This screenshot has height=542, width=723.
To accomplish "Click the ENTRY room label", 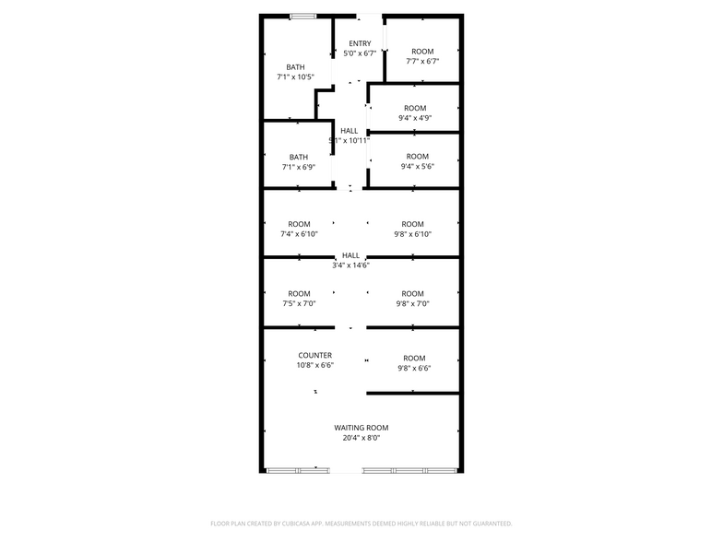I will coord(360,43).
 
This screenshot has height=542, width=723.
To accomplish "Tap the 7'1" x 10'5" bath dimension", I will coord(295,77).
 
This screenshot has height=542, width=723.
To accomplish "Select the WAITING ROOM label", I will coord(361,428).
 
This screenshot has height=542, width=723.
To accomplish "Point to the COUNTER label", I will coord(315,355).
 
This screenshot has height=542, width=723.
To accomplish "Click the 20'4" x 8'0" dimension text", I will coord(361,438).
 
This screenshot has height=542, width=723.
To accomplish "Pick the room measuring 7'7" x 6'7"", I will coord(422,56).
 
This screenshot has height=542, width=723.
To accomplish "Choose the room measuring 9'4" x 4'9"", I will coord(415,113).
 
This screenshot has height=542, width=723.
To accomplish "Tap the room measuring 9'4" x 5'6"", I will coord(417,161).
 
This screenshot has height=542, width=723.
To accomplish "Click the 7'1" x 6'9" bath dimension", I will coord(298,167).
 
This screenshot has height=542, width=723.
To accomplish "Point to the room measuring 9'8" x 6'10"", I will coord(412,229).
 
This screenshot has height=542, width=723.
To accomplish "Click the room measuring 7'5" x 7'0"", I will coord(299,299).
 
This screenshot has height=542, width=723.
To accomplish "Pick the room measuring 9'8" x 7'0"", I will coord(412,299).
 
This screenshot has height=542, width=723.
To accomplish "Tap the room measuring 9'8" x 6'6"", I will coord(414,363).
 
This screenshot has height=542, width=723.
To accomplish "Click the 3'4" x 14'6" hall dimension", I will coord(350,265).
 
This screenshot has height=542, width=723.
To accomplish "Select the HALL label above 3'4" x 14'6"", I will coord(350,255).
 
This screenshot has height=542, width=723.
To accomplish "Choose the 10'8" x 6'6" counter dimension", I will coord(315,365).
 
